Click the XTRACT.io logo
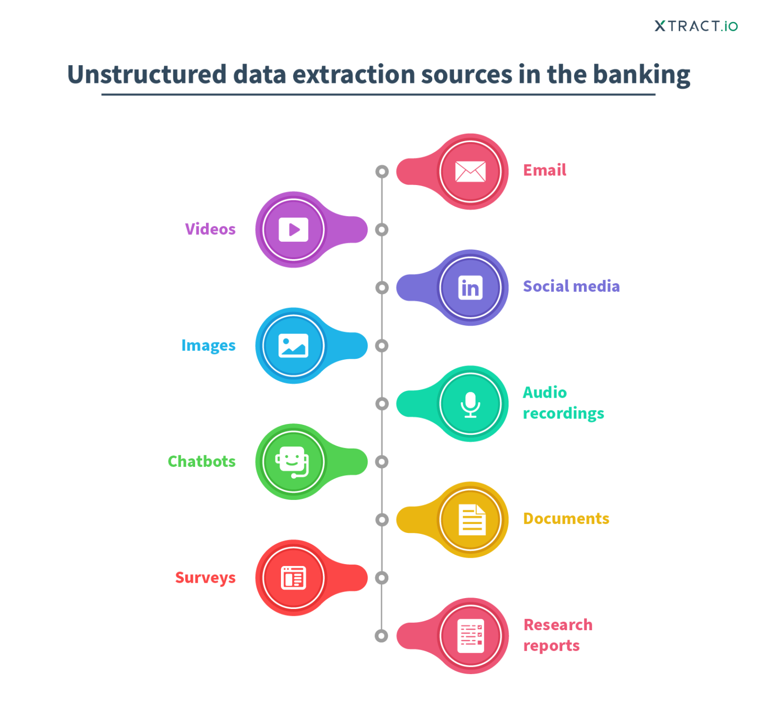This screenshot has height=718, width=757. [695, 26]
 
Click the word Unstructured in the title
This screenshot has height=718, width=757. [146, 75]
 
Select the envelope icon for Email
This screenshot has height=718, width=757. [470, 171]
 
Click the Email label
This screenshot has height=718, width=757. [544, 170]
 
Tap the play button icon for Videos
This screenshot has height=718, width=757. [293, 229]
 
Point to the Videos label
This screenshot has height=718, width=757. [210, 229]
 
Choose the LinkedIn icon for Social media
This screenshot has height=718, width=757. [470, 288]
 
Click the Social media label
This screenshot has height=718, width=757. [571, 286]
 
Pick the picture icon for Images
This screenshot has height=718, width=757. [293, 345]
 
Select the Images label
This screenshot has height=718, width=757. [208, 345]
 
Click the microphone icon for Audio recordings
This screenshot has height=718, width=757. [470, 404]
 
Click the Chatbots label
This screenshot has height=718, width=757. [202, 461]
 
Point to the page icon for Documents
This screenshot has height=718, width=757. [471, 520]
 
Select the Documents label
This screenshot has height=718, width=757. [566, 519]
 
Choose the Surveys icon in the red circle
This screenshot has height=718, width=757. [293, 578]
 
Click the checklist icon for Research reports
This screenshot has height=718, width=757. [471, 636]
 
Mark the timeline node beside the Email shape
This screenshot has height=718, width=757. [381, 172]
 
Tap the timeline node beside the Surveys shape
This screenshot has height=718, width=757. [381, 578]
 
